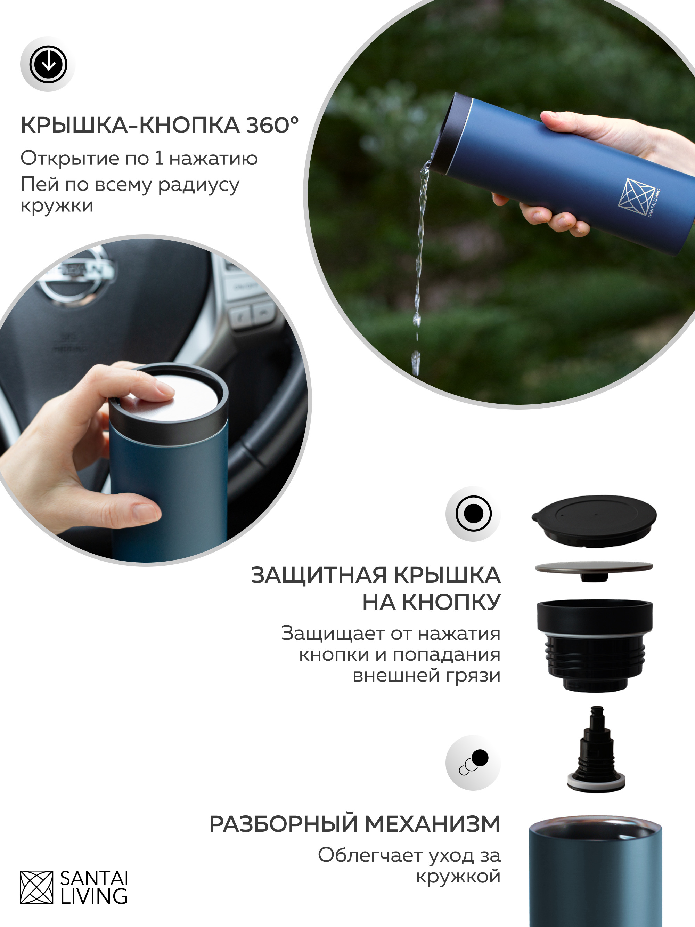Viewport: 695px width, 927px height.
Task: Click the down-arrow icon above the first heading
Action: click(x=48, y=64)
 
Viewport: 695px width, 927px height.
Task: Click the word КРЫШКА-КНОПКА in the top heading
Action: click(x=130, y=125)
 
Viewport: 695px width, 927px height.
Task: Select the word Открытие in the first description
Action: click(x=69, y=159)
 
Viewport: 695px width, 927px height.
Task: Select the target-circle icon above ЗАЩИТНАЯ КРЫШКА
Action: click(x=473, y=513)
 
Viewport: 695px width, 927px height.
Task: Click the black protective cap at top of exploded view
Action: click(x=594, y=521)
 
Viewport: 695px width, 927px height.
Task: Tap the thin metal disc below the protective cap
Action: click(x=594, y=569)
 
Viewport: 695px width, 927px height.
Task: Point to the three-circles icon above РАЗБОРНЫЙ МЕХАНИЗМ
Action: click(x=474, y=763)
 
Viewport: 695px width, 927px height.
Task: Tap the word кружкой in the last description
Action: click(x=458, y=876)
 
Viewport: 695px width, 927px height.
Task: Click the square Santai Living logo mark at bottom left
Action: click(x=37, y=887)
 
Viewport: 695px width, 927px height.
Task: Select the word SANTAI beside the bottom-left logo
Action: click(x=94, y=878)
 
